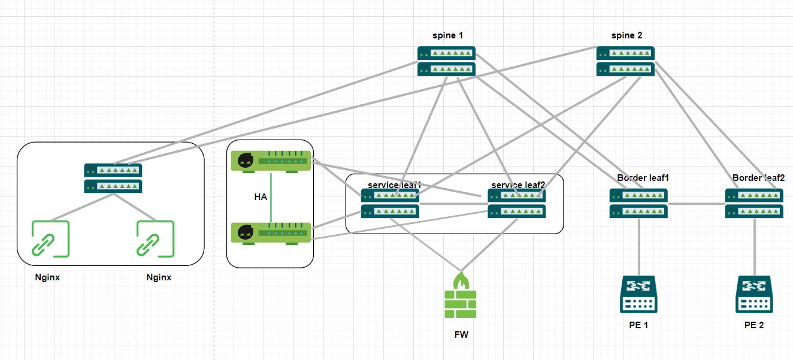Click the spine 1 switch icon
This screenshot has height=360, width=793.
coord(446,61)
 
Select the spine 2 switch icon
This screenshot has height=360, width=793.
coord(625,61)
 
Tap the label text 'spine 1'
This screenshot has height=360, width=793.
coord(447,35)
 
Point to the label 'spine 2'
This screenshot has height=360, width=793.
coord(626,35)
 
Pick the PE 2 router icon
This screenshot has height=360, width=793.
coord(753,294)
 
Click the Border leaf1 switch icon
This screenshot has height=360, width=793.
coord(638,203)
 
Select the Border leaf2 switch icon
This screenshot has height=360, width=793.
coord(754,203)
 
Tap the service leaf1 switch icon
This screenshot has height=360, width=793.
coord(390,203)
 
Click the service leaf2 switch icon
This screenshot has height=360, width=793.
coord(517,203)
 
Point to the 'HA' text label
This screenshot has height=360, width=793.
coord(261,196)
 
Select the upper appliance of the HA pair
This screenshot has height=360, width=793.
coord(271,162)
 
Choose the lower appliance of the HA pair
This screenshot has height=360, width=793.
coord(271,233)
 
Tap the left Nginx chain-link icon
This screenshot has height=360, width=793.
coord(50,239)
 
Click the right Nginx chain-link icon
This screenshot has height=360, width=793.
coord(155,239)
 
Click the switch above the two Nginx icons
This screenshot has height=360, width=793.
coord(113,178)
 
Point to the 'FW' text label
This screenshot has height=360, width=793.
coord(461,335)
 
